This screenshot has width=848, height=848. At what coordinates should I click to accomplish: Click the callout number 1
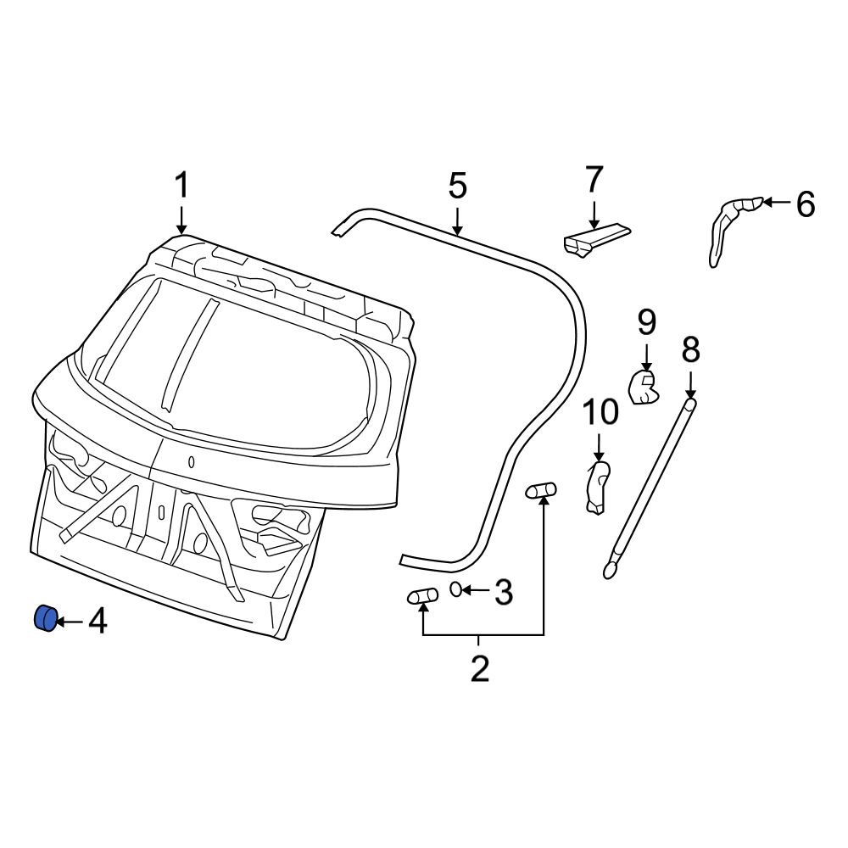pos(182,186)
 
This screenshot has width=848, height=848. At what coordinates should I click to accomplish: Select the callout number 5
pos(457,186)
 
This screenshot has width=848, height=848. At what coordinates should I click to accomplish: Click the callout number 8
pos(690,349)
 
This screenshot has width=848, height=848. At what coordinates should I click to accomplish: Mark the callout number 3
pos(503,593)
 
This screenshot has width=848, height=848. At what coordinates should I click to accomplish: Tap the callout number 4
pos(98,622)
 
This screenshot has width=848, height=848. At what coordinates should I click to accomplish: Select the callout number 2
pos(479,669)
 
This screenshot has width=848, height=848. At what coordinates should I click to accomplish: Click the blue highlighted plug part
pos(44,618)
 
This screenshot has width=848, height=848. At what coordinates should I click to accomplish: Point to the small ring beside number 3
pos(456,589)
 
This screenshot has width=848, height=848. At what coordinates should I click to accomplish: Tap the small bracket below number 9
pos(644,386)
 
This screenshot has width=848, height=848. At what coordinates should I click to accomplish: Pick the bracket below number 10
pos(599,488)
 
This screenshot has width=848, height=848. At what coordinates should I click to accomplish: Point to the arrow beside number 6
pos(777,203)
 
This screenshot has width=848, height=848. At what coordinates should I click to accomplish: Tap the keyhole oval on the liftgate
pos(192,462)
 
